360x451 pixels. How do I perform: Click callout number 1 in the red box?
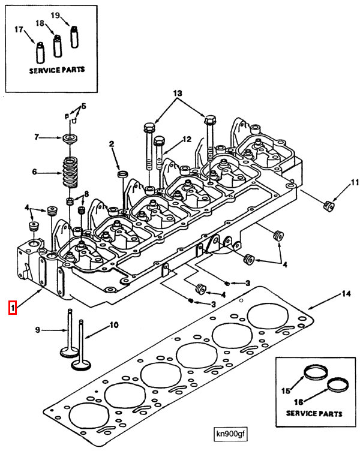(x=12, y=308)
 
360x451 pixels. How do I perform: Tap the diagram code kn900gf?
(x=232, y=434)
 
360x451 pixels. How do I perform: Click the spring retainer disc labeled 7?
(x=70, y=139)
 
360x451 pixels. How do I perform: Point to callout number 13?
(x=177, y=94)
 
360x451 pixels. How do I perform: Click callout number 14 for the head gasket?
(x=345, y=293)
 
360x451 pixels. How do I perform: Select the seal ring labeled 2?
(x=122, y=174)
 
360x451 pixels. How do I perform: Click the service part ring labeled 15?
(x=313, y=371)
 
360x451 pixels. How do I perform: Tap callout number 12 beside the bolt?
(x=187, y=139)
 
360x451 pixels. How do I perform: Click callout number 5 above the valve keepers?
(x=83, y=106)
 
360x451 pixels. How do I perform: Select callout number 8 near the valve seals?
(x=86, y=194)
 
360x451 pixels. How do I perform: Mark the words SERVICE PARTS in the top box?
(x=57, y=70)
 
